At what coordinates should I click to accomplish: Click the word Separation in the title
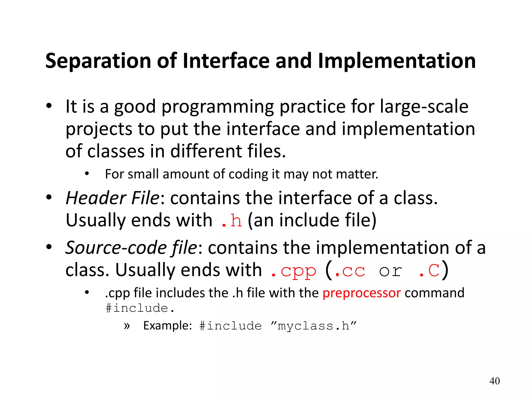(x=98, y=61)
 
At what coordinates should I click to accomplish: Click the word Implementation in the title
(x=397, y=61)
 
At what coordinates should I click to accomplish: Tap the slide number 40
(x=494, y=381)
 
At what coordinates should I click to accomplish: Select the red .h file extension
(x=231, y=220)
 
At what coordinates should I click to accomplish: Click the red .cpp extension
(x=293, y=271)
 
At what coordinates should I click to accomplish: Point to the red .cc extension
(x=350, y=271)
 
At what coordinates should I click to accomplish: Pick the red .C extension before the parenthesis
(x=429, y=271)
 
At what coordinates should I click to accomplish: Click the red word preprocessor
(x=362, y=293)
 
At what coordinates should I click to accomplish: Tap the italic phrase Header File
(x=112, y=198)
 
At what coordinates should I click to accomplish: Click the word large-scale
(x=424, y=107)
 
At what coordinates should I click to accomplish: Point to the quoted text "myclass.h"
(x=313, y=326)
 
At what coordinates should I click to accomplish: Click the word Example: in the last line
(x=168, y=326)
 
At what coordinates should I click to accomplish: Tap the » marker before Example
(x=127, y=326)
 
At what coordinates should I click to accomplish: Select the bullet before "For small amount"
(x=87, y=174)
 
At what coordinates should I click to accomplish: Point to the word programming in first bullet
(x=218, y=107)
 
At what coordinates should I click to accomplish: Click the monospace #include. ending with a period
(x=140, y=308)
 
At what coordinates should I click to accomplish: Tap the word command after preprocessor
(x=434, y=293)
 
